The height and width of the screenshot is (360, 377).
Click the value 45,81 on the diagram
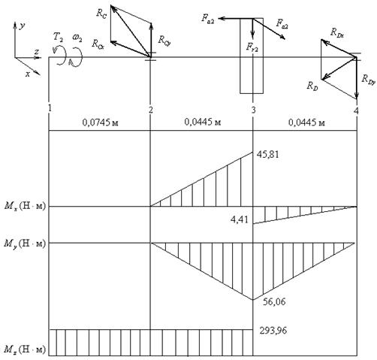[x=268, y=154]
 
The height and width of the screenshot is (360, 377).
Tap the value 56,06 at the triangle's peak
[x=274, y=302]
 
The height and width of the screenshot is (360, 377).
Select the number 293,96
[x=273, y=331]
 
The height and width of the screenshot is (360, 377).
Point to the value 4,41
[x=240, y=219]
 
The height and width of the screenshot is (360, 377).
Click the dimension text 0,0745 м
[x=100, y=123]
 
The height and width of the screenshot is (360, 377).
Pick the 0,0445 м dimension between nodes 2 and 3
[x=203, y=123]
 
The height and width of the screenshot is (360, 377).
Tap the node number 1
[x=50, y=108]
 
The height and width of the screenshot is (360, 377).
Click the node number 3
[x=254, y=110]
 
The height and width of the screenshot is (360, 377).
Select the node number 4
[x=357, y=110]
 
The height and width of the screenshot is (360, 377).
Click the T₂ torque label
[x=58, y=37]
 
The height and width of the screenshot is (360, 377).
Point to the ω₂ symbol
[x=77, y=38]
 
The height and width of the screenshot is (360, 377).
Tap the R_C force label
[x=101, y=14]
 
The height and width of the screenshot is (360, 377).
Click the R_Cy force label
[x=164, y=40]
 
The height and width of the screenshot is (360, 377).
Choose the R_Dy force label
[x=369, y=80]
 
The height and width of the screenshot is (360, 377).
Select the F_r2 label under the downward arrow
[x=252, y=47]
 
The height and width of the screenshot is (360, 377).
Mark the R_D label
[x=312, y=86]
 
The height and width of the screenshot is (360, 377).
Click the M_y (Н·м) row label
[x=25, y=244]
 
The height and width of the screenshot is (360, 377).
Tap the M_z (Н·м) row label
[x=25, y=349]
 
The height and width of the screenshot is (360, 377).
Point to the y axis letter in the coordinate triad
[x=23, y=26]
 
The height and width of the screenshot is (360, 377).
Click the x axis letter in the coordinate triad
[x=28, y=74]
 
